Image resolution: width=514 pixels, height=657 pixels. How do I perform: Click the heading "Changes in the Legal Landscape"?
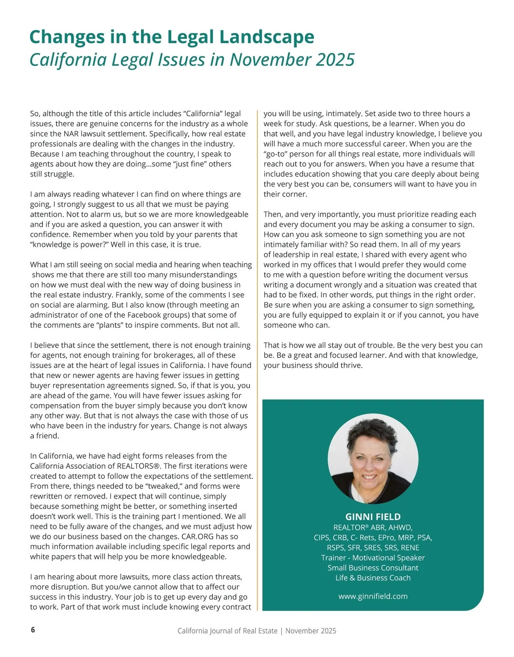(172, 37)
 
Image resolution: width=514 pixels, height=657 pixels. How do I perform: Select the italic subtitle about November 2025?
(192, 59)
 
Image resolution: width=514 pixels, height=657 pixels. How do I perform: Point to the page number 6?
(33, 630)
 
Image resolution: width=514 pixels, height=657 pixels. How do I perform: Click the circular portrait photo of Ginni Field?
(373, 459)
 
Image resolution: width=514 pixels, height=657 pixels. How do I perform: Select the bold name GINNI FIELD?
(373, 517)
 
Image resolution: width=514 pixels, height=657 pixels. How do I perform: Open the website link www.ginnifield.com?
(373, 596)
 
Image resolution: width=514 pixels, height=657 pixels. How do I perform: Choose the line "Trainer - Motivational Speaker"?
(373, 558)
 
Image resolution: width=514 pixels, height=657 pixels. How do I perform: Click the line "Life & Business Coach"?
(373, 578)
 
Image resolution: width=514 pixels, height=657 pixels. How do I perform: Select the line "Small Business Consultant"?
(373, 568)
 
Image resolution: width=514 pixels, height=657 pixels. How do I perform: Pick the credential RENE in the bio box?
(410, 548)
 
